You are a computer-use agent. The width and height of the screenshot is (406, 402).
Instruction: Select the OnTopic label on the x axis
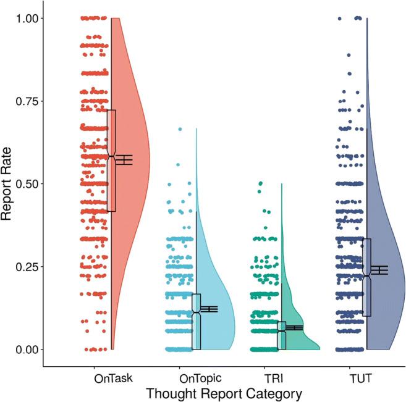197,376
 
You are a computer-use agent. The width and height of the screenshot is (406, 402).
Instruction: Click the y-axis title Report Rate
9,184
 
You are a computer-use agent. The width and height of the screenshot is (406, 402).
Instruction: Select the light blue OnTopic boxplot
197,321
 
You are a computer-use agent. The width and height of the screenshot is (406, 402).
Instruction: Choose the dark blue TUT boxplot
366,278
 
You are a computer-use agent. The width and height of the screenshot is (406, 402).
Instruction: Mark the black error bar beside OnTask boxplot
125,159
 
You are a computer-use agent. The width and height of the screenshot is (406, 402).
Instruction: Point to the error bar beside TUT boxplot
379,270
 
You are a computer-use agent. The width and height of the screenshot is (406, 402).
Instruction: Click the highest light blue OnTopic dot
180,129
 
